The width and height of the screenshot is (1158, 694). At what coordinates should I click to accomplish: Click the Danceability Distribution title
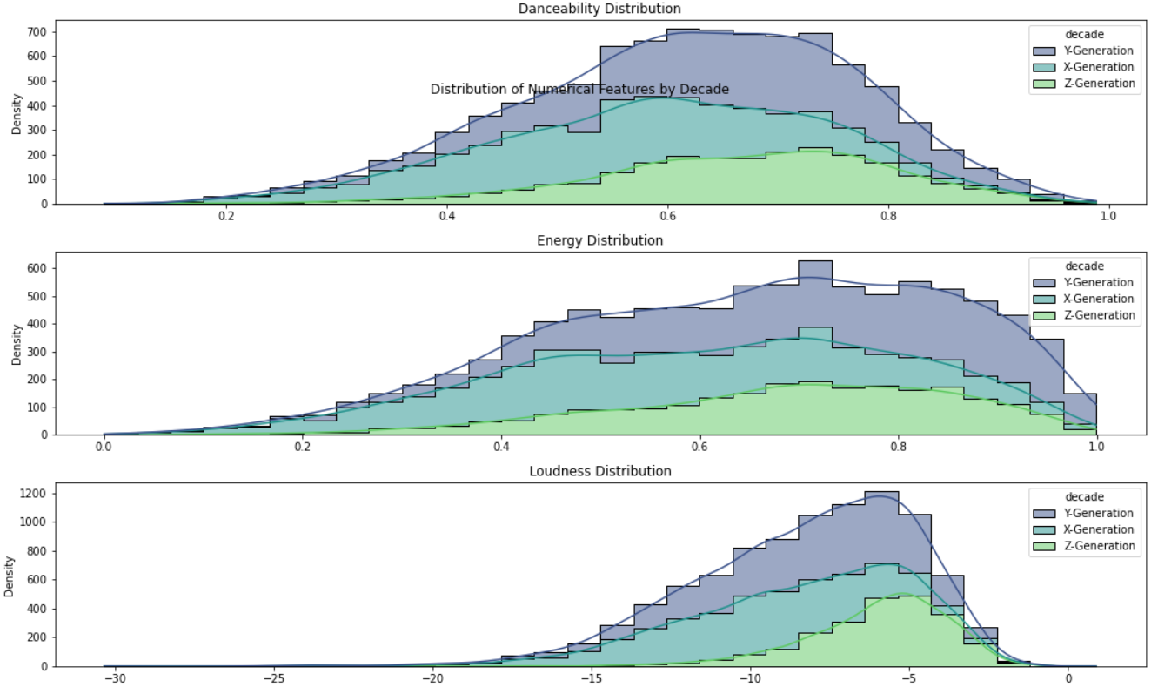tap(599, 9)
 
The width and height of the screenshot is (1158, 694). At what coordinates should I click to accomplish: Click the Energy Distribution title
tap(599, 240)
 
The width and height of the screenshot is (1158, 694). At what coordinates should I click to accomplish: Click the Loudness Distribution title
tap(599, 471)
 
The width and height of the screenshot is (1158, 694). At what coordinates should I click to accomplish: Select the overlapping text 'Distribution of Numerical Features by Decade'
tap(579, 90)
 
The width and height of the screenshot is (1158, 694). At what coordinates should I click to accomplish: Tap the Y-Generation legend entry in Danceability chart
tap(1084, 51)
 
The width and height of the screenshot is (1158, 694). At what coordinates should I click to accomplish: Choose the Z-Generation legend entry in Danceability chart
tap(1084, 84)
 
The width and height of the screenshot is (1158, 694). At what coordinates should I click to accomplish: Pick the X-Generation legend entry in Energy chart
tap(1084, 299)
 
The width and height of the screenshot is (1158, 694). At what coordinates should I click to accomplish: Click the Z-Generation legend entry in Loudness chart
tap(1084, 546)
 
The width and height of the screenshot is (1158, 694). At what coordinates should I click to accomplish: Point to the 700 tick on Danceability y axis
tap(38, 32)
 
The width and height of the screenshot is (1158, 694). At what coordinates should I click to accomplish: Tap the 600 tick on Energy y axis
tap(38, 268)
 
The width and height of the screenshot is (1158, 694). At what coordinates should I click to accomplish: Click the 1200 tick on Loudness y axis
tap(36, 494)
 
